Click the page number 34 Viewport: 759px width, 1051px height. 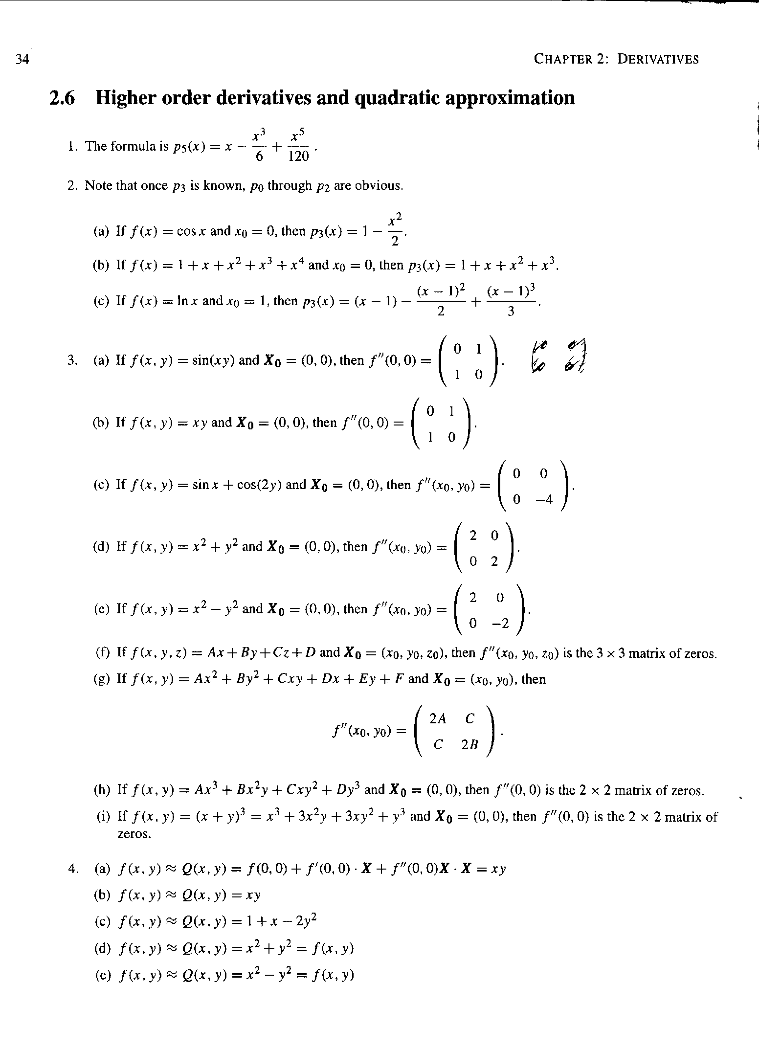[x=22, y=60]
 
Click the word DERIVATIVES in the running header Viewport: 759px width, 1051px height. [x=658, y=60]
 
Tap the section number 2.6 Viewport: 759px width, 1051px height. [x=63, y=98]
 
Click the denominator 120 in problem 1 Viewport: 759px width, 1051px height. [x=299, y=156]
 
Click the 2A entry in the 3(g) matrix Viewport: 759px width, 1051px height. [x=438, y=718]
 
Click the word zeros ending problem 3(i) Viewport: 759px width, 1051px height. [x=134, y=834]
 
